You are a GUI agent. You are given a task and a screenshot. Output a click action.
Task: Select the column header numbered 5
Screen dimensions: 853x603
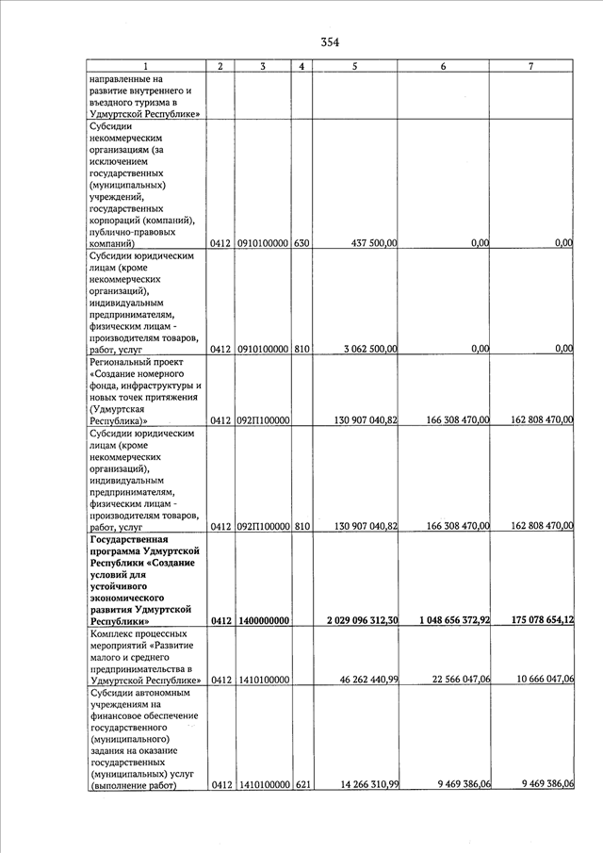coord(354,66)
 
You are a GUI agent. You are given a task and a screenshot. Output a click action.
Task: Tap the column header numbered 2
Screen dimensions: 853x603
coord(220,66)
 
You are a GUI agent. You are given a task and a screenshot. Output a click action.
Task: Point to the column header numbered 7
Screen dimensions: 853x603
coord(532,66)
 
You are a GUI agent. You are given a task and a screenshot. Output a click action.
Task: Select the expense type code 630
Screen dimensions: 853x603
coord(301,243)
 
